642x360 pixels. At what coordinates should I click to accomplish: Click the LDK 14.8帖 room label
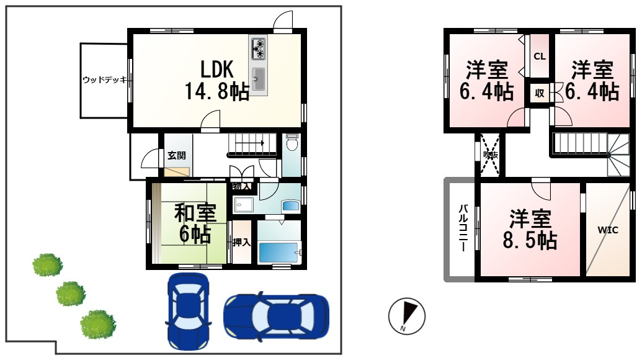216,80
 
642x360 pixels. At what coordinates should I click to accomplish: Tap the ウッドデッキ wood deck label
104,80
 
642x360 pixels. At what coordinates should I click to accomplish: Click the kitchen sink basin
259,79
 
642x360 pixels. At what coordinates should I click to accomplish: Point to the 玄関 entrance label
176,156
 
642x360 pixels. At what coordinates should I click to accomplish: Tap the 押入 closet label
241,242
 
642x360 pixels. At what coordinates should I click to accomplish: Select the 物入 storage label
241,186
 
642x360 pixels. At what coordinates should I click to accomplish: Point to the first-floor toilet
292,144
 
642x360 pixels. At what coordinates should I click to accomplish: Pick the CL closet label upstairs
539,56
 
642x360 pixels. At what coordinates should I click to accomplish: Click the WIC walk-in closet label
608,230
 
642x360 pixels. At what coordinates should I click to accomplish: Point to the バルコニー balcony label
463,228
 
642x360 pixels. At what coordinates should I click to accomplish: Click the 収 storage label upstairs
539,94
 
